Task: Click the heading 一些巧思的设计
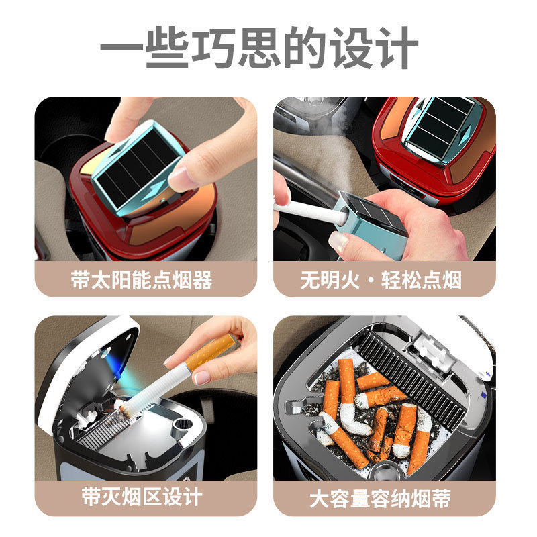259,47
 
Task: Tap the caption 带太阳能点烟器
142,280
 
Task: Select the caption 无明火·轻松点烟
381,280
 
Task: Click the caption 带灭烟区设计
142,497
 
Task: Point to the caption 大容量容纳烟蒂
380,498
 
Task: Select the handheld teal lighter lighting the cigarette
372,224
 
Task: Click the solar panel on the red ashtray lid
441,128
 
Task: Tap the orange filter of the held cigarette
209,353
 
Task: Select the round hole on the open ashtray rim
182,425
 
